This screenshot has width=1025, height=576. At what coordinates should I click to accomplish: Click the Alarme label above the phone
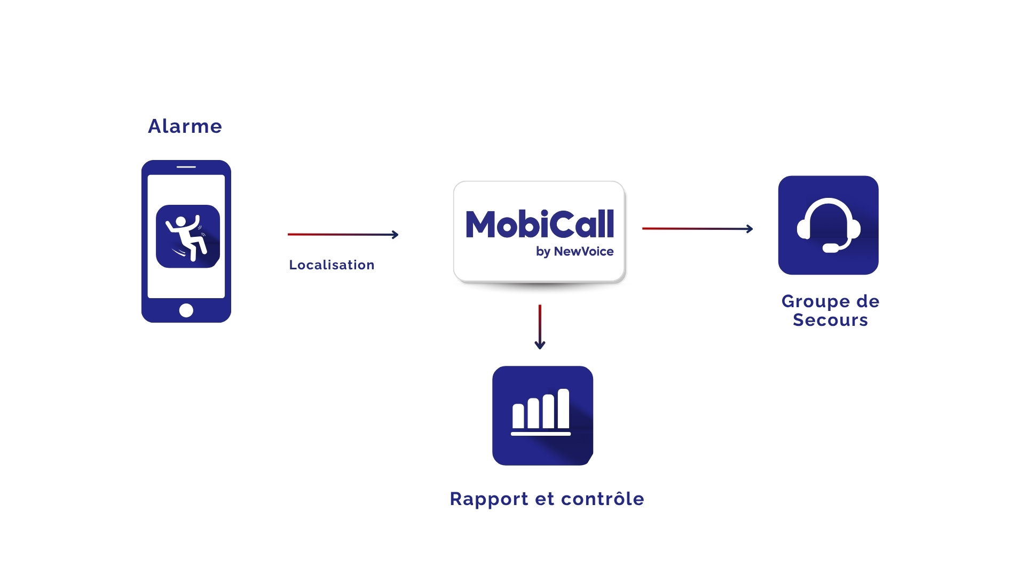click(x=185, y=126)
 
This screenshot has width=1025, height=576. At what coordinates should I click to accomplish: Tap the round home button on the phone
click(x=186, y=310)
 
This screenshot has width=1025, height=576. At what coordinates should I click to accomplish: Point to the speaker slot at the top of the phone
click(x=186, y=167)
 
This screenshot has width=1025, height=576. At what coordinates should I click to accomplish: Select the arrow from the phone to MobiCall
click(x=343, y=235)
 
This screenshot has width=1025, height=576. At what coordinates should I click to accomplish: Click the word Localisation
click(x=332, y=265)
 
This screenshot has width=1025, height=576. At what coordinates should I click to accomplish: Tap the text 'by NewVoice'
click(x=574, y=252)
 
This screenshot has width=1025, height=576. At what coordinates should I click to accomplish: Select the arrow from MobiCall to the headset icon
click(x=697, y=229)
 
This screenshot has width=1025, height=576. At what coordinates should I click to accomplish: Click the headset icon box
click(x=828, y=225)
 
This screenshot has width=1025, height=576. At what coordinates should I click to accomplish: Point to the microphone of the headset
click(x=831, y=248)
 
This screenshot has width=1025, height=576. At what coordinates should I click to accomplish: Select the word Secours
click(x=830, y=320)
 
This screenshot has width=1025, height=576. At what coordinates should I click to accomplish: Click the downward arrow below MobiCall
click(x=540, y=327)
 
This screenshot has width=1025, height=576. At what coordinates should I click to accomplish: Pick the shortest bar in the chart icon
click(x=518, y=416)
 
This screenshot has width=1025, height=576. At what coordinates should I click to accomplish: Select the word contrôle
click(x=603, y=499)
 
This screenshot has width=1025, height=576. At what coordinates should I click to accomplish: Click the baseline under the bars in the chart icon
click(x=541, y=434)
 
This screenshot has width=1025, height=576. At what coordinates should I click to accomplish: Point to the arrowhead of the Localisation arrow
click(x=396, y=235)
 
